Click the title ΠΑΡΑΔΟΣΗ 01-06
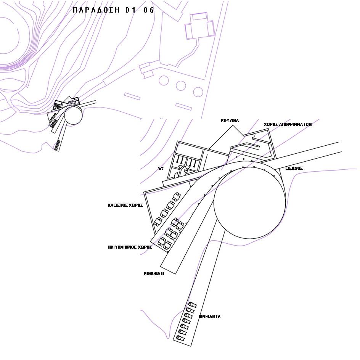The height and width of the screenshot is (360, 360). (x=113, y=10)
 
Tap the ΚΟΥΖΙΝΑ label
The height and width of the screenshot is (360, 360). (x=230, y=121)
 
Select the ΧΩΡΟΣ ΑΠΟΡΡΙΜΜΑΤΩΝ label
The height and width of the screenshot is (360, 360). (x=288, y=124)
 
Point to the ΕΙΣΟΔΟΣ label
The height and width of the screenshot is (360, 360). (x=294, y=168)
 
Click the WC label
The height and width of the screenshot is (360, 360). (x=161, y=169)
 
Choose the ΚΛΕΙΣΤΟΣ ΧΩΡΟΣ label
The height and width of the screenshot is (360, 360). (x=125, y=205)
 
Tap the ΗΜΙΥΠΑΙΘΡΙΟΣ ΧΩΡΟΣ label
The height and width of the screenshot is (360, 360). (x=130, y=247)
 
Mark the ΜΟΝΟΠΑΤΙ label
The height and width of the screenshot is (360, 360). (x=154, y=273)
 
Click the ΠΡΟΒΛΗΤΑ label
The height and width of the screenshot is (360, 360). (x=210, y=317)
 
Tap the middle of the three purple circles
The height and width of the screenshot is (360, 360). (x=181, y=86)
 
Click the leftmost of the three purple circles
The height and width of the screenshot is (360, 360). (x=164, y=80)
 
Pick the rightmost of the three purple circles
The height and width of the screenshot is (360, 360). (x=198, y=92)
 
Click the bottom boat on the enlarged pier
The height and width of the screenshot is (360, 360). (x=180, y=338)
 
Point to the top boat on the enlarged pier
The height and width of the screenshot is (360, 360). (x=193, y=305)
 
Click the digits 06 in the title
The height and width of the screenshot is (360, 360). (x=149, y=10)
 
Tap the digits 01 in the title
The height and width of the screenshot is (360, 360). (x=130, y=10)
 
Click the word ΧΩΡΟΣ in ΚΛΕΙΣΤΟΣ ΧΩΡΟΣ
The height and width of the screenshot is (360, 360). (x=136, y=205)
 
